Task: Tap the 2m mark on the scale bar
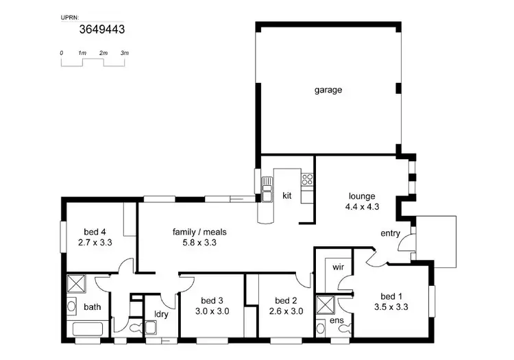[103, 53]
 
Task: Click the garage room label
[328, 90]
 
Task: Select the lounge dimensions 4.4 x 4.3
[363, 206]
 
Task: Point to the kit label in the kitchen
[287, 195]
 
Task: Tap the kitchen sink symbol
[265, 194]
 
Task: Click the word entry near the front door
[390, 233]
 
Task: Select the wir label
[337, 265]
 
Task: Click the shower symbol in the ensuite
[324, 303]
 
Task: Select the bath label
[92, 307]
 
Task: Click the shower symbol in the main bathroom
[75, 283]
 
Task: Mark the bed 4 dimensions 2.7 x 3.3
[95, 242]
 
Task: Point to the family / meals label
[199, 232]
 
